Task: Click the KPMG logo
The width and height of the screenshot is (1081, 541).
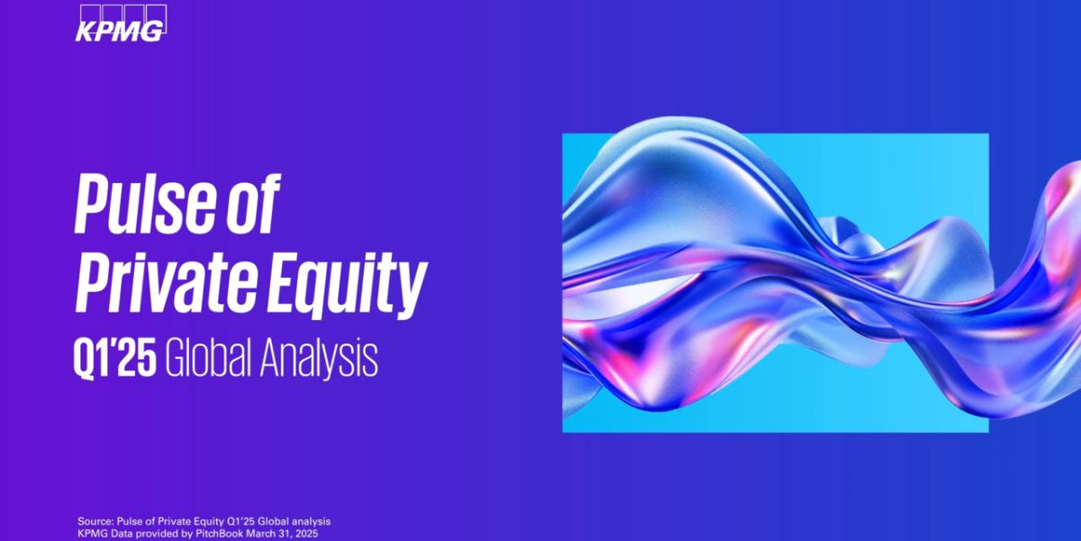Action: point(121,23)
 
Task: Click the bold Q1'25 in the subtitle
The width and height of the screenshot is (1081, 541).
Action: point(115,360)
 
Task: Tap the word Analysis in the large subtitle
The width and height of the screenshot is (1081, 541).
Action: point(319,361)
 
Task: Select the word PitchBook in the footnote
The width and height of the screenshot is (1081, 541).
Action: point(219,534)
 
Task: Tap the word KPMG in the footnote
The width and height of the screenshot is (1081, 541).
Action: point(91,534)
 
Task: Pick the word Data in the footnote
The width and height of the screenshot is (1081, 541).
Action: point(117,534)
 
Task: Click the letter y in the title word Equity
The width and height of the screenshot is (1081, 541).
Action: point(412,291)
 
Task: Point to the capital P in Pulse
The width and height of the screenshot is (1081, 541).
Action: point(92,205)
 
